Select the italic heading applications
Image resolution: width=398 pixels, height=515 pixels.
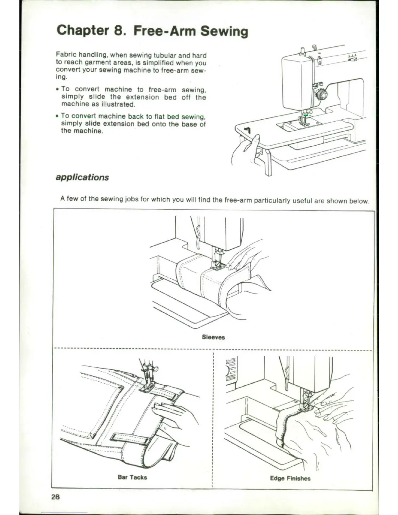82,177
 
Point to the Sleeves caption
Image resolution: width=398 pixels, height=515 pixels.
213,337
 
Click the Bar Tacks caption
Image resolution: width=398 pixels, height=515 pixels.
132,477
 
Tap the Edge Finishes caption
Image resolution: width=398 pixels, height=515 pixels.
290,478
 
